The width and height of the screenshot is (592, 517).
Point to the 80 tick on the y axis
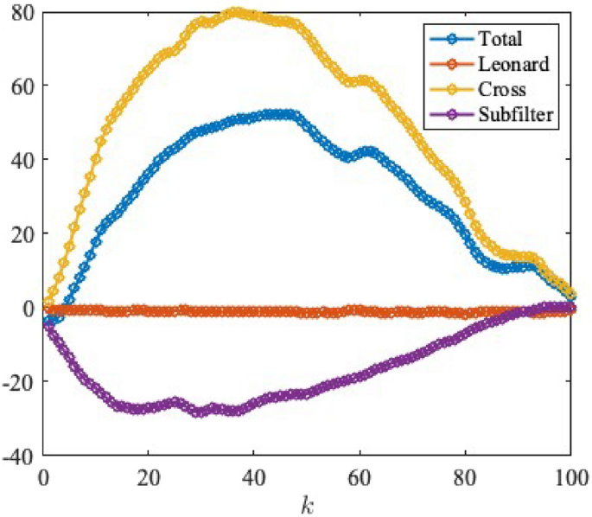[22, 12]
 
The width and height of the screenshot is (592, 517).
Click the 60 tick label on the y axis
[22, 86]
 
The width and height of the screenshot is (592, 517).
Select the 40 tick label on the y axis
[22, 160]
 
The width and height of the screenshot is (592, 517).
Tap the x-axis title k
[307, 501]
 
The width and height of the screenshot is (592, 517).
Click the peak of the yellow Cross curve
[236, 13]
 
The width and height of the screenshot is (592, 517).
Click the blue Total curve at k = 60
[360, 153]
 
